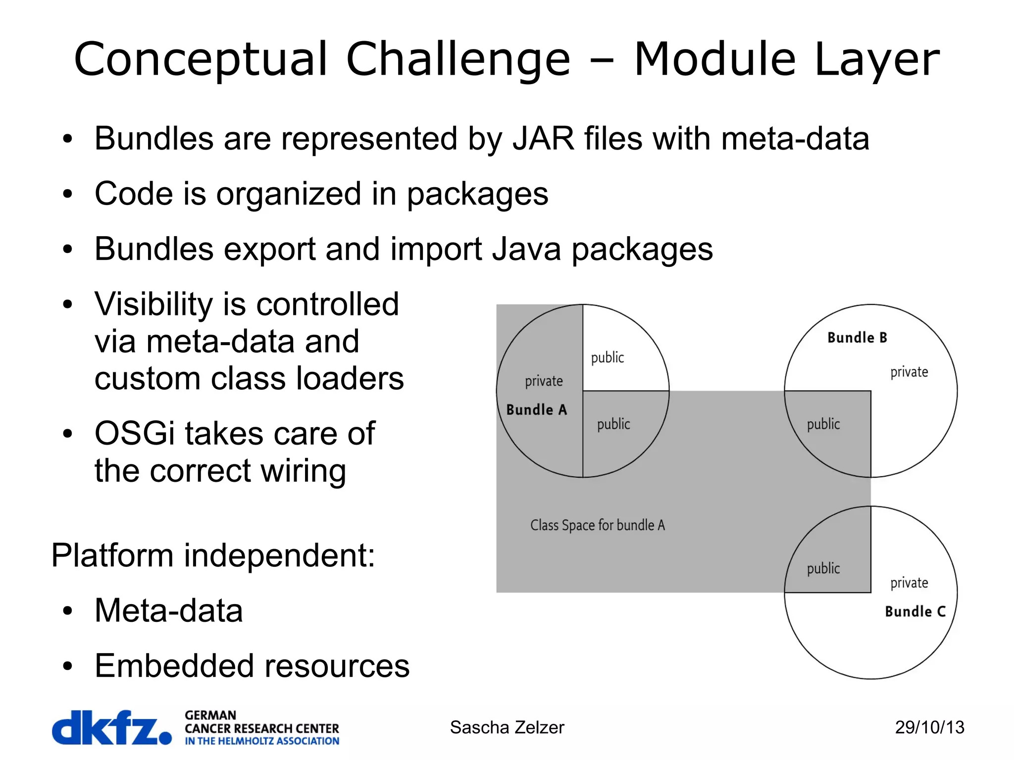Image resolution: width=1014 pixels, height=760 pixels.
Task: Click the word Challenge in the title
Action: [x=458, y=60]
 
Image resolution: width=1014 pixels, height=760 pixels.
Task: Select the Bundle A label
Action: [x=536, y=410]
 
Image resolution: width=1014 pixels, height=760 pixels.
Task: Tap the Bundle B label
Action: [x=857, y=338]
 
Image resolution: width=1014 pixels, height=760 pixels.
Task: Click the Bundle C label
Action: [x=915, y=611]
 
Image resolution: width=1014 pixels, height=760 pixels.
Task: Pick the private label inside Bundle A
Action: [x=544, y=381]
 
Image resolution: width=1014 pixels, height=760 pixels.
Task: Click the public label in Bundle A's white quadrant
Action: [x=607, y=357]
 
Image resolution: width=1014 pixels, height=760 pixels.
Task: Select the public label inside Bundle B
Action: [x=823, y=424]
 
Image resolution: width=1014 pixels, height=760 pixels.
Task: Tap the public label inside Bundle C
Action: [x=823, y=568]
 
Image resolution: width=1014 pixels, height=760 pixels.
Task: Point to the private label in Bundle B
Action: [x=909, y=372]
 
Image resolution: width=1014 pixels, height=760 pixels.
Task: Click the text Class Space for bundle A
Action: [x=597, y=525]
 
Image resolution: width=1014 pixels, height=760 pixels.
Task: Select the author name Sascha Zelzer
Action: [x=507, y=727]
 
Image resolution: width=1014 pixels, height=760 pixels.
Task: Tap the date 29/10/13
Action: [x=929, y=727]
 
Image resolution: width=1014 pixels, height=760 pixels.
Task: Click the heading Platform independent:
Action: [x=213, y=556]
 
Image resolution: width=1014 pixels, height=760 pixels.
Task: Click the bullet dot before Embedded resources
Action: [x=68, y=666]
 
